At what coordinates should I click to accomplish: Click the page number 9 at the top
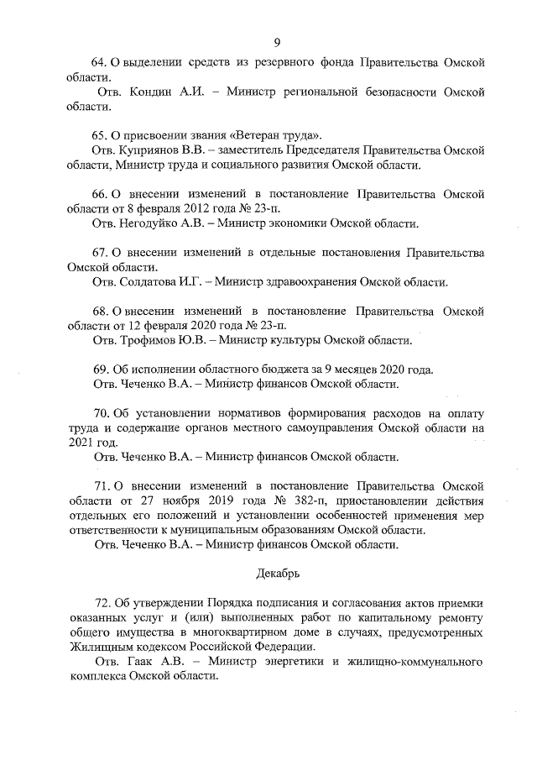tap(276, 43)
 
